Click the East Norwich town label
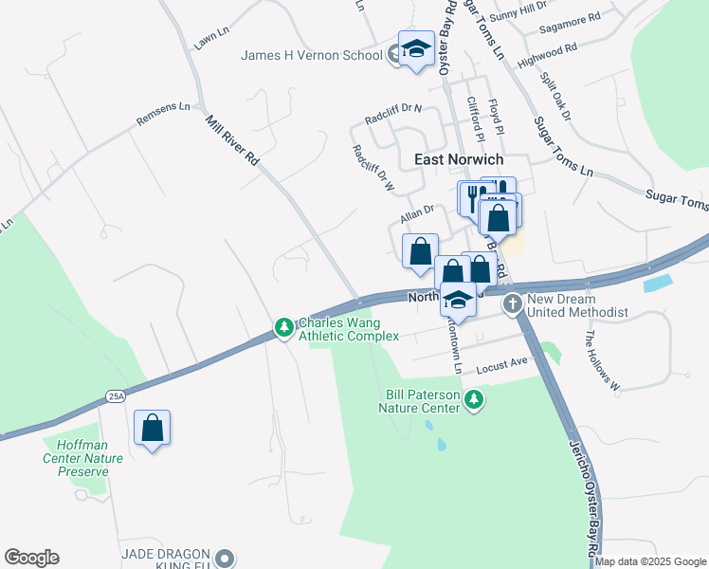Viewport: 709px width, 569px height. [459, 159]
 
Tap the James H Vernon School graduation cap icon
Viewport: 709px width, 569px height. [415, 50]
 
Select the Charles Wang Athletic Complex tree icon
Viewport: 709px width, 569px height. [282, 327]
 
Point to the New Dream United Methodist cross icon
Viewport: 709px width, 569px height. [513, 304]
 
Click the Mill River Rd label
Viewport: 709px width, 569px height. [233, 142]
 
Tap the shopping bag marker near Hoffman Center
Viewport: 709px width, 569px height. [152, 429]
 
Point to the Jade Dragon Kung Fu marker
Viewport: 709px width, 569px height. [225, 557]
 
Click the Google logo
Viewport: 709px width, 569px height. [31, 558]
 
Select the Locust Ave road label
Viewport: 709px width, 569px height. [501, 363]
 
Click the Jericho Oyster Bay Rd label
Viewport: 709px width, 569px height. [584, 493]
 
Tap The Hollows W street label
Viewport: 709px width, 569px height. [600, 361]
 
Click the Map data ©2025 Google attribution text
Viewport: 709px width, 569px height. [651, 561]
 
